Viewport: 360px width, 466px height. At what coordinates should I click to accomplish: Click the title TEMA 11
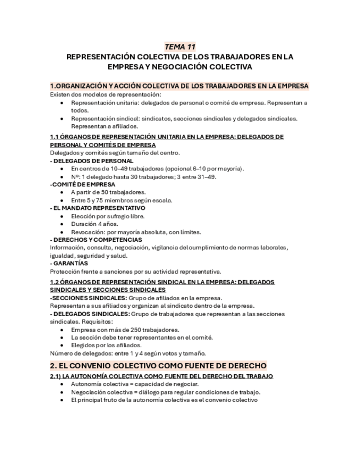(x=180, y=47)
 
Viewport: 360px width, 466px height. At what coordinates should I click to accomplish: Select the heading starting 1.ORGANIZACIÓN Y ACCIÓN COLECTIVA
(x=179, y=86)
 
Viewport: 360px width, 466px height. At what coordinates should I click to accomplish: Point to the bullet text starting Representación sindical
(x=184, y=118)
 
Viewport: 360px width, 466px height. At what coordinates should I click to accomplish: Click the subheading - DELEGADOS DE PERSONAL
(x=91, y=160)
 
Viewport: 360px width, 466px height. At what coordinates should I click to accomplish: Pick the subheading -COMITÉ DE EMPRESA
(x=83, y=184)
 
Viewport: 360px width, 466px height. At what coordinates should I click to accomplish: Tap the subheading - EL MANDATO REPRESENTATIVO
(x=97, y=208)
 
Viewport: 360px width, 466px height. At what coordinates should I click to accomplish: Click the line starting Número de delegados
(x=128, y=353)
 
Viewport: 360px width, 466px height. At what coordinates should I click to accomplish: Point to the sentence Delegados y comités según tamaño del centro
(x=114, y=152)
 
